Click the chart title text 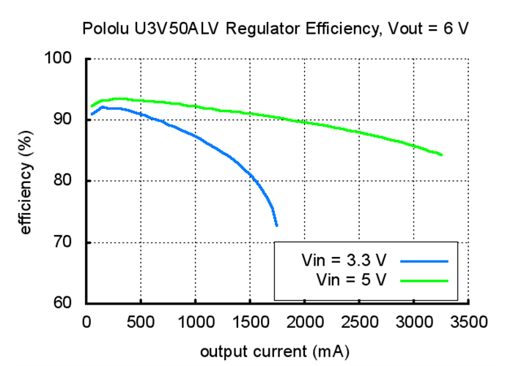[x=275, y=29]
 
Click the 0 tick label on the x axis [x=86, y=321]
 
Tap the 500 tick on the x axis [x=141, y=321]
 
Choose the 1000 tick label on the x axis [x=195, y=321]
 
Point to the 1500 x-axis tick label [x=250, y=321]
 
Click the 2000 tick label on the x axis [x=305, y=321]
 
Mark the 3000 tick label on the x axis [x=414, y=321]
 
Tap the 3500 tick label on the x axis [x=469, y=321]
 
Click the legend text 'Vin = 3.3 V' [x=344, y=261]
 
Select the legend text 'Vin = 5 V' [x=351, y=279]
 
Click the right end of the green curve [x=442, y=155]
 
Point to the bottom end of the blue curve [x=277, y=225]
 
